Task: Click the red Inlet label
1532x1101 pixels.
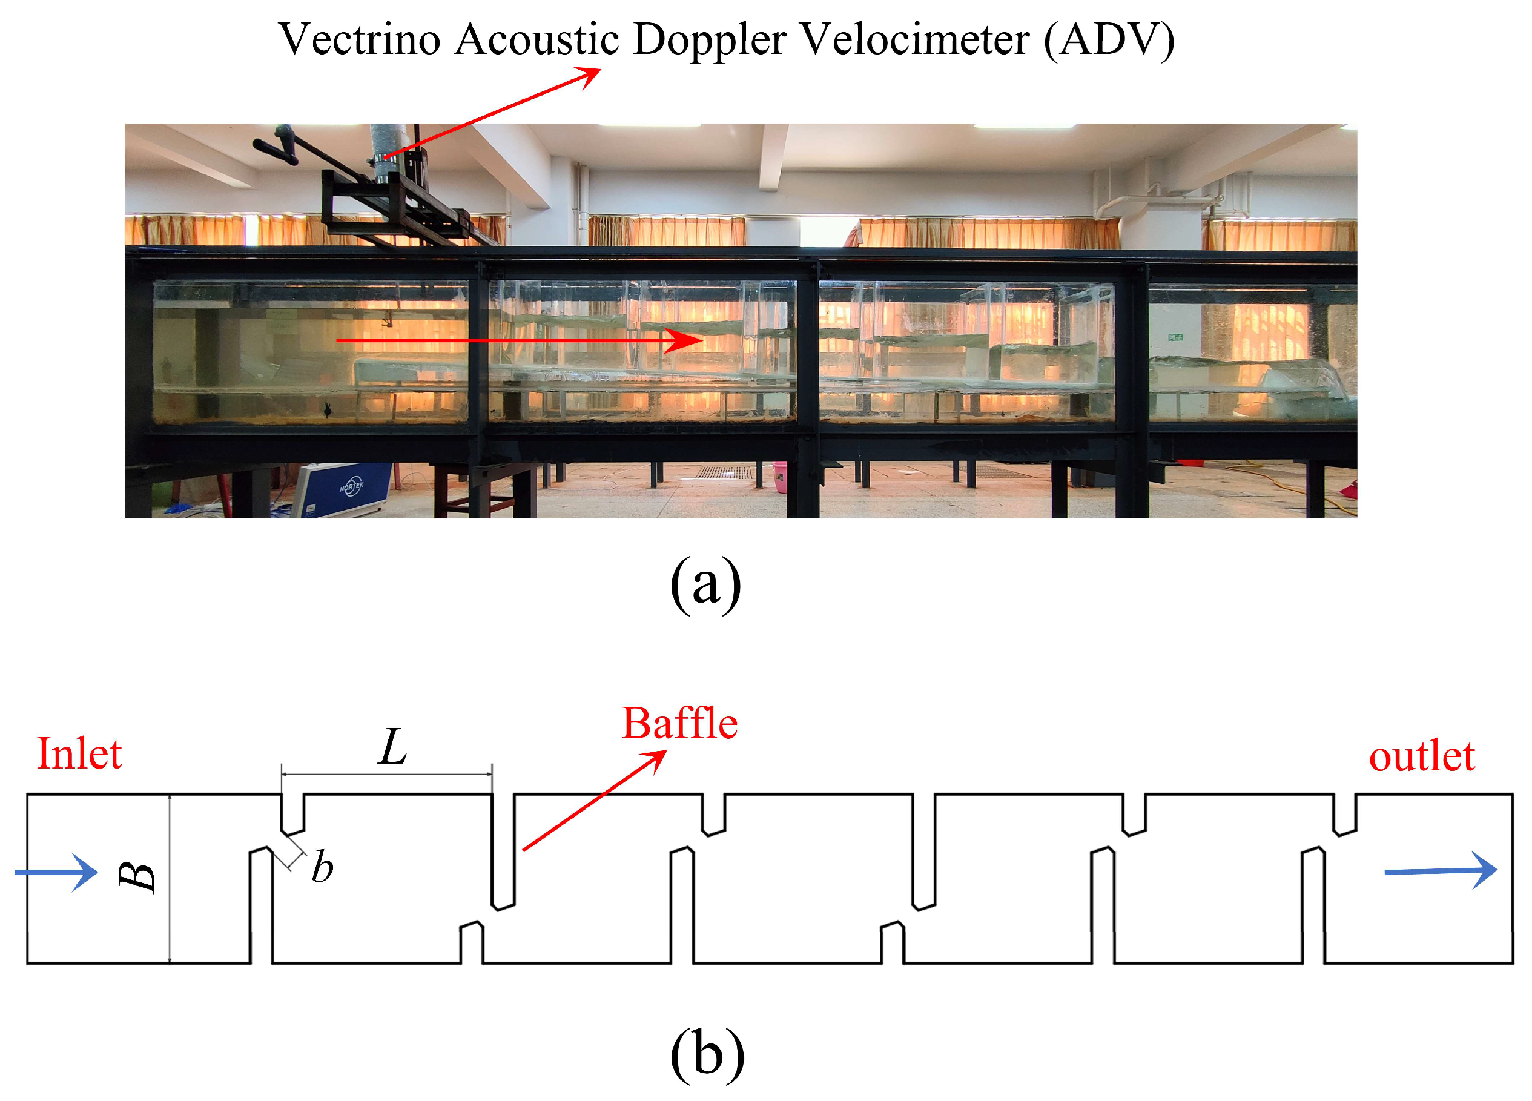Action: click(x=79, y=754)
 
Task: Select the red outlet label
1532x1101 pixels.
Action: click(x=1421, y=756)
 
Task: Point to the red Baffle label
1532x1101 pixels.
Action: click(x=679, y=724)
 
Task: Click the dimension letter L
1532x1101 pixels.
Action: click(x=392, y=747)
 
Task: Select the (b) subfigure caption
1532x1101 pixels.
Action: click(x=707, y=1054)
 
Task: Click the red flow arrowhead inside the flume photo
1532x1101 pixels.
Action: click(x=685, y=340)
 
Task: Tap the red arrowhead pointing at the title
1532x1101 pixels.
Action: click(x=590, y=74)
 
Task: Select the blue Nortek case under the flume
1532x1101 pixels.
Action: click(x=345, y=488)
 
